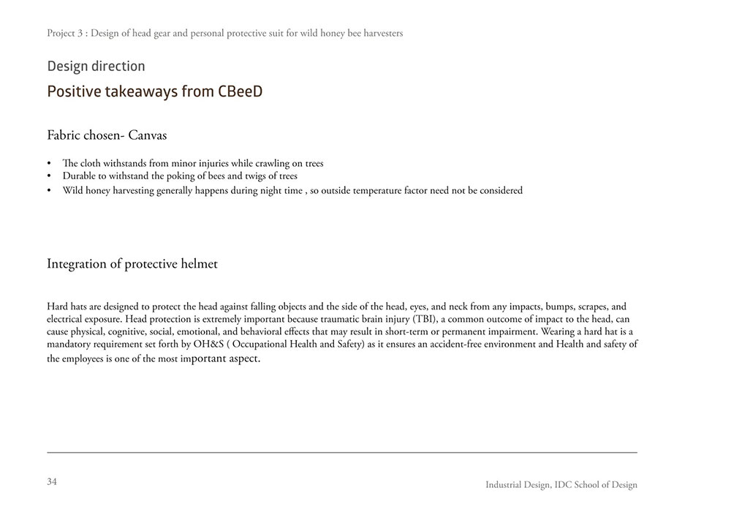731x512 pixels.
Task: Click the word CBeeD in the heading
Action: coord(240,91)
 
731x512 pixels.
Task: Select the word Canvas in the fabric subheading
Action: coord(149,135)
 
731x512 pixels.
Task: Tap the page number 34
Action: coord(52,481)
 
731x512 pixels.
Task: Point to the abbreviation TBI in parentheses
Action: coord(423,320)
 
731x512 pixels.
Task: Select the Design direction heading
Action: coord(96,67)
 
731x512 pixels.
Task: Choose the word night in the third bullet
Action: coord(261,191)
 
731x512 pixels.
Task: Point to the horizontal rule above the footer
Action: coord(342,453)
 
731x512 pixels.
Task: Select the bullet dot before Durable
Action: coord(50,177)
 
